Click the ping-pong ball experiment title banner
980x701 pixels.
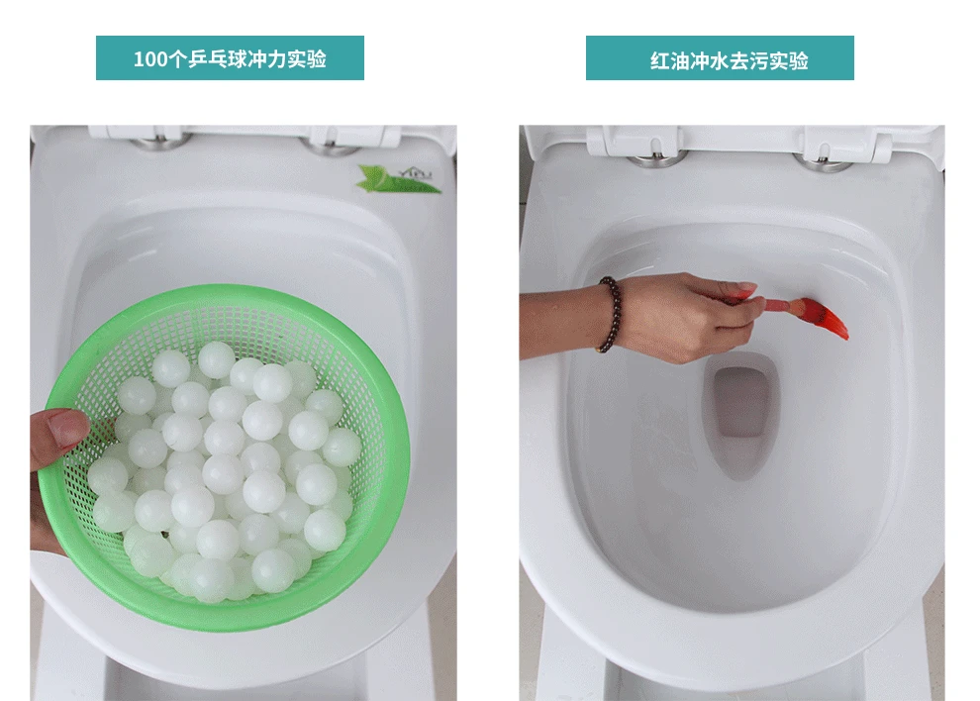(x=230, y=58)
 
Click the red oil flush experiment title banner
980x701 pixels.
(x=720, y=58)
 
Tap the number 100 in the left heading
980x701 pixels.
(x=149, y=59)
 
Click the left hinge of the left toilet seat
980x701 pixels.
(x=158, y=141)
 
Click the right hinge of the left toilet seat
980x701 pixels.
(x=332, y=143)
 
